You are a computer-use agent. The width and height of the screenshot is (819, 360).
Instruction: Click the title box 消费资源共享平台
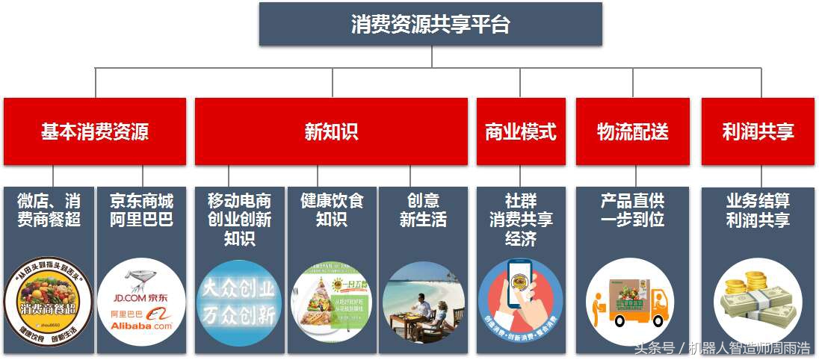click(430, 24)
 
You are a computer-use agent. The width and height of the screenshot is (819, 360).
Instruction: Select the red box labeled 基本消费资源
click(95, 131)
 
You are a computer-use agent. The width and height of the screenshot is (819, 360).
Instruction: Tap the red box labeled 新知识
click(331, 131)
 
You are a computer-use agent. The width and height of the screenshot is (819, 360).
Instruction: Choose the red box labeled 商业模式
click(521, 132)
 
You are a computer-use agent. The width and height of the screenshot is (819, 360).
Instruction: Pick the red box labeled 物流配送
click(632, 132)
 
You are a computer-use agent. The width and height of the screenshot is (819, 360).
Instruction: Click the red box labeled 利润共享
click(758, 132)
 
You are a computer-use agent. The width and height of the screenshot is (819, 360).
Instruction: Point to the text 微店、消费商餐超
click(49, 211)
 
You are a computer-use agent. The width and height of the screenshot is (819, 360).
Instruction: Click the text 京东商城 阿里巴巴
click(141, 211)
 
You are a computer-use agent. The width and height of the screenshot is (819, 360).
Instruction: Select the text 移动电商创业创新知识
click(239, 220)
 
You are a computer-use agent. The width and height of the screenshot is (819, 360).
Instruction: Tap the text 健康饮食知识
click(331, 211)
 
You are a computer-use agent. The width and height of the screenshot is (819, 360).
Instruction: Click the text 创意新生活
click(423, 211)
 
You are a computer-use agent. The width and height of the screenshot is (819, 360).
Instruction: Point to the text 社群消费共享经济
click(520, 220)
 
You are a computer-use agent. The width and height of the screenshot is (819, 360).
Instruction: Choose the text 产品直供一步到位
click(632, 211)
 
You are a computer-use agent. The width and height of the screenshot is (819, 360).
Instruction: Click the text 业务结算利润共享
click(758, 211)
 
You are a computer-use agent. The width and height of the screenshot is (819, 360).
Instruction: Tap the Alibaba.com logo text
click(141, 326)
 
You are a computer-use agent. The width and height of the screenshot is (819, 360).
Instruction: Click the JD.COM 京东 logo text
click(141, 298)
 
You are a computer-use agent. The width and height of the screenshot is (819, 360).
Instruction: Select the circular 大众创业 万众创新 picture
click(239, 302)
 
